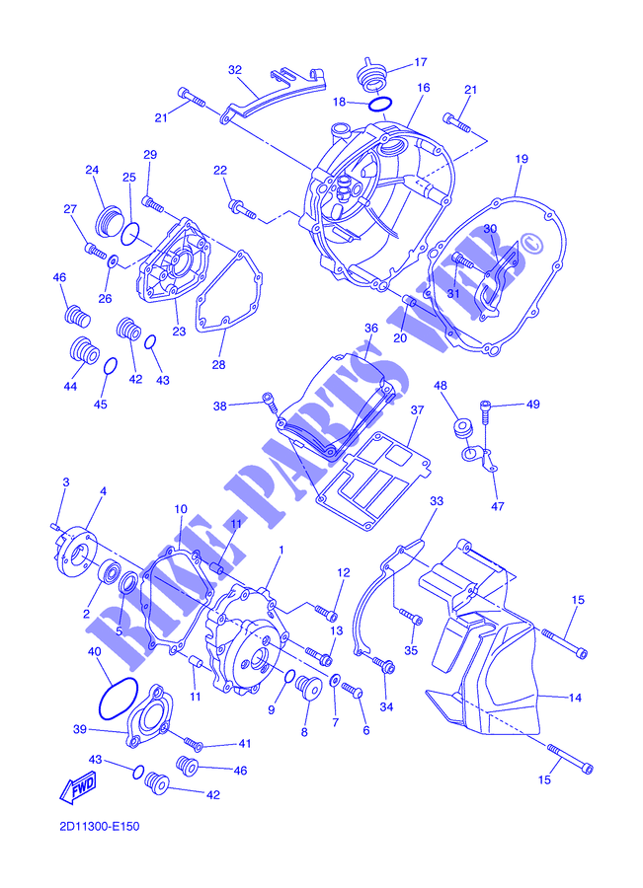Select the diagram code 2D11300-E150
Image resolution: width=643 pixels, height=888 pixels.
[x=99, y=826]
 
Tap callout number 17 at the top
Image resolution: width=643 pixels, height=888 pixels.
[x=420, y=62]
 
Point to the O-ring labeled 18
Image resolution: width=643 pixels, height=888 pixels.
[x=379, y=105]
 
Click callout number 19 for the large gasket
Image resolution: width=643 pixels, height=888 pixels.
[x=522, y=159]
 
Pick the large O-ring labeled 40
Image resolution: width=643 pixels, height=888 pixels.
[x=118, y=699]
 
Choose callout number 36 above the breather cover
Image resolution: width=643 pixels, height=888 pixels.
[x=370, y=329]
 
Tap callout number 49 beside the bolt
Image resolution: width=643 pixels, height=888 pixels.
[x=533, y=405]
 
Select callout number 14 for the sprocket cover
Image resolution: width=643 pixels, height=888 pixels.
[x=575, y=698]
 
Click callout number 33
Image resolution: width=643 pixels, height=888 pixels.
[x=436, y=501]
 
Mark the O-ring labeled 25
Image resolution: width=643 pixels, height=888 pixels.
[x=130, y=234]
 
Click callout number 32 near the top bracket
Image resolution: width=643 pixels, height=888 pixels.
[x=235, y=70]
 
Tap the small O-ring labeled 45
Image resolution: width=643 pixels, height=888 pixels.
[x=111, y=366]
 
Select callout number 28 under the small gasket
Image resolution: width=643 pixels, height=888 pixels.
[x=218, y=365]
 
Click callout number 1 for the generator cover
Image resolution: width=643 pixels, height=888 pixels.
[x=281, y=550]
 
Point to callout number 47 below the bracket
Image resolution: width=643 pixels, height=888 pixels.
[x=497, y=506]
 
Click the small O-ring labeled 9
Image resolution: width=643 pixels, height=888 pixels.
[x=288, y=676]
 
